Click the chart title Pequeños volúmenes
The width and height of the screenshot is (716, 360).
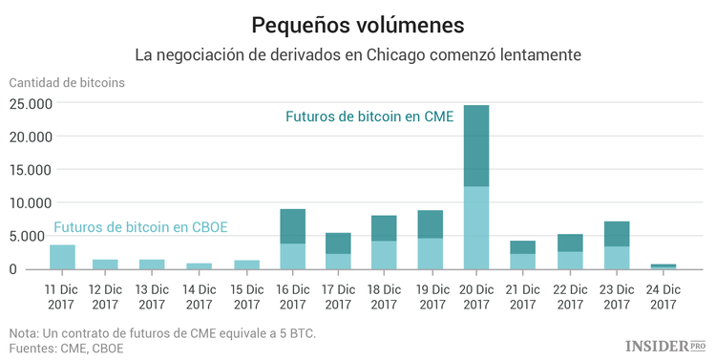pos(358,23)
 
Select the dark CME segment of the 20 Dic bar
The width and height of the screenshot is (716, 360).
pos(475,145)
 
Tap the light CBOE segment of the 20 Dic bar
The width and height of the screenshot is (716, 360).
pos(475,227)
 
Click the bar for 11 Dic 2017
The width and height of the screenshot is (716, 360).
pos(62,257)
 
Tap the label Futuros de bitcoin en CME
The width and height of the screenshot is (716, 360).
pos(369,116)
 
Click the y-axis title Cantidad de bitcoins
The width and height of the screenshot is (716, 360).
pos(66,81)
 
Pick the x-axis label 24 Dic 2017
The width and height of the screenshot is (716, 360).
pos(662,295)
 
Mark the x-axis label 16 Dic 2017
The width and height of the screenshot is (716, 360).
pos(291,295)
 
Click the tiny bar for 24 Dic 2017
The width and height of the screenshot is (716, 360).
pos(662,266)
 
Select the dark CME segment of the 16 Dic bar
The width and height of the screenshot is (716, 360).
pos(292,226)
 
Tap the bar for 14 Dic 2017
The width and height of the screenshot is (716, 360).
pos(200,266)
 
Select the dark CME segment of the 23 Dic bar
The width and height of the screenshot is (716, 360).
pos(616,234)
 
